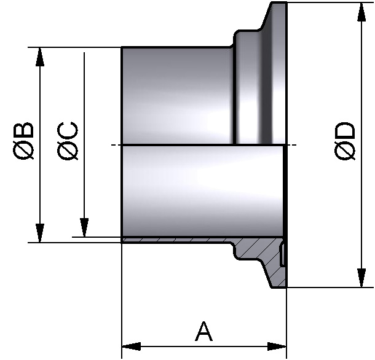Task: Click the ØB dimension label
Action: click(24, 142)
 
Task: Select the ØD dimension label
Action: click(345, 142)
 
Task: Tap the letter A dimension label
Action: click(204, 332)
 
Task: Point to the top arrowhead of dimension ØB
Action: click(40, 55)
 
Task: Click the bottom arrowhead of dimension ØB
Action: click(40, 234)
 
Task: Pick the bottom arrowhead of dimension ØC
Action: click(85, 228)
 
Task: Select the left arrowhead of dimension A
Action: click(130, 346)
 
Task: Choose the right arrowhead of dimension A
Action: click(278, 346)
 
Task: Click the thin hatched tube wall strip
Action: click(178, 240)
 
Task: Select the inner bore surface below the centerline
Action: click(197, 190)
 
